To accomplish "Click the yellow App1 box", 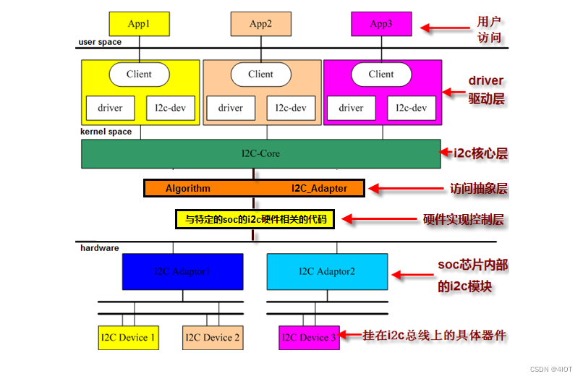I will tap(139, 23).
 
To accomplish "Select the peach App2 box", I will tap(260, 23).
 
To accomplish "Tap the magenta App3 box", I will tap(381, 23).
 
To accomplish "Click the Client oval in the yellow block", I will tap(139, 74).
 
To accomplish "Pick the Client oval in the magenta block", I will tap(381, 74).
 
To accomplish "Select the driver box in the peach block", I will tap(231, 108).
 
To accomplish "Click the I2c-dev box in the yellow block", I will tap(171, 108).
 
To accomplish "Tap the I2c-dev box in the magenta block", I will tap(412, 108).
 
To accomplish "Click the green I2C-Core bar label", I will tap(260, 153).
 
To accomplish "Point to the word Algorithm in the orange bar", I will tap(188, 188).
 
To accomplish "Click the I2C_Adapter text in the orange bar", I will tap(319, 188).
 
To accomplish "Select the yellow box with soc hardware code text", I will tap(255, 218).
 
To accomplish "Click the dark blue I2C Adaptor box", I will tap(182, 272).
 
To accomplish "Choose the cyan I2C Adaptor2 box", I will tap(327, 272).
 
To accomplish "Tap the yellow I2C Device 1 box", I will tap(128, 337).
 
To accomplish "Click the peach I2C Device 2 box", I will tap(213, 337).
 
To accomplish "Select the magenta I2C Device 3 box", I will tap(308, 337).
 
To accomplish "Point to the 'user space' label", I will tap(100, 42).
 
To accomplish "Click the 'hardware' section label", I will tap(99, 248).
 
